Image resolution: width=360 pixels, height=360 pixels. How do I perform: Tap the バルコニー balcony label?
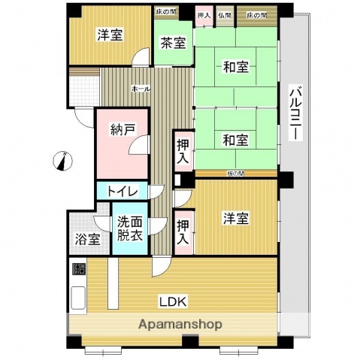pyautogui.click(x=296, y=113)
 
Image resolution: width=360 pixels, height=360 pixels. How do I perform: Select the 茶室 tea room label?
pyautogui.click(x=173, y=44)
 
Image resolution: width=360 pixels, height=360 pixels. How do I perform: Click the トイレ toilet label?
pyautogui.click(x=121, y=192)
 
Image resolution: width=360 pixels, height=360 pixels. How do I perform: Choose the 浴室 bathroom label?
pyautogui.click(x=88, y=241)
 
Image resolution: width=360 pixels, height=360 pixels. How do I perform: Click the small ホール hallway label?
pyautogui.click(x=141, y=89)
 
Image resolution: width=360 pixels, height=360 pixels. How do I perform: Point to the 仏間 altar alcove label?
pyautogui.click(x=224, y=14)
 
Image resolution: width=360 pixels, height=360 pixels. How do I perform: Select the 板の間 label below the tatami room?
pyautogui.click(x=235, y=174)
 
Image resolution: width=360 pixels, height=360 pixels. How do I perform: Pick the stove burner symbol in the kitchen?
pyautogui.click(x=79, y=269)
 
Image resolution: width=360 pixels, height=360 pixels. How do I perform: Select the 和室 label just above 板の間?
pyautogui.click(x=235, y=140)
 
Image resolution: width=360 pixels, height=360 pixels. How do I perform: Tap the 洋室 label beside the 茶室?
pyautogui.click(x=110, y=35)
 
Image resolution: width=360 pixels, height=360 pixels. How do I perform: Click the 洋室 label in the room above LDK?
pyautogui.click(x=235, y=219)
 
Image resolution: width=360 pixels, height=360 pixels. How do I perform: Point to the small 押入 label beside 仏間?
pyautogui.click(x=203, y=14)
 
